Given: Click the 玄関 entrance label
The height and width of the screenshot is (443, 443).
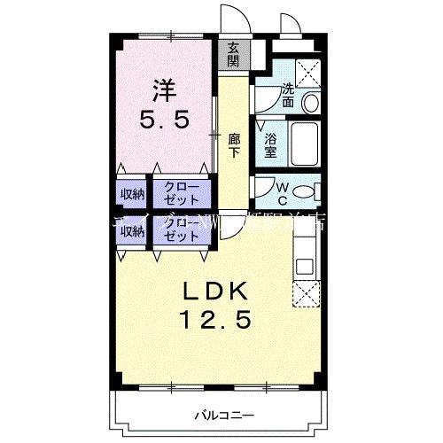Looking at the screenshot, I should coord(233,55).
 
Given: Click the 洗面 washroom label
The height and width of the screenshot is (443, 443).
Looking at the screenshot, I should coord(289,95).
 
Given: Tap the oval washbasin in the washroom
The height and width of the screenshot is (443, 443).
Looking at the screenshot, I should coord(310,103).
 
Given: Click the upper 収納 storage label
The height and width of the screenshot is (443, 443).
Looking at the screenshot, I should coord(132,191).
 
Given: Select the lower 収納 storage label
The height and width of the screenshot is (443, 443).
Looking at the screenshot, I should coord(132,230).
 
